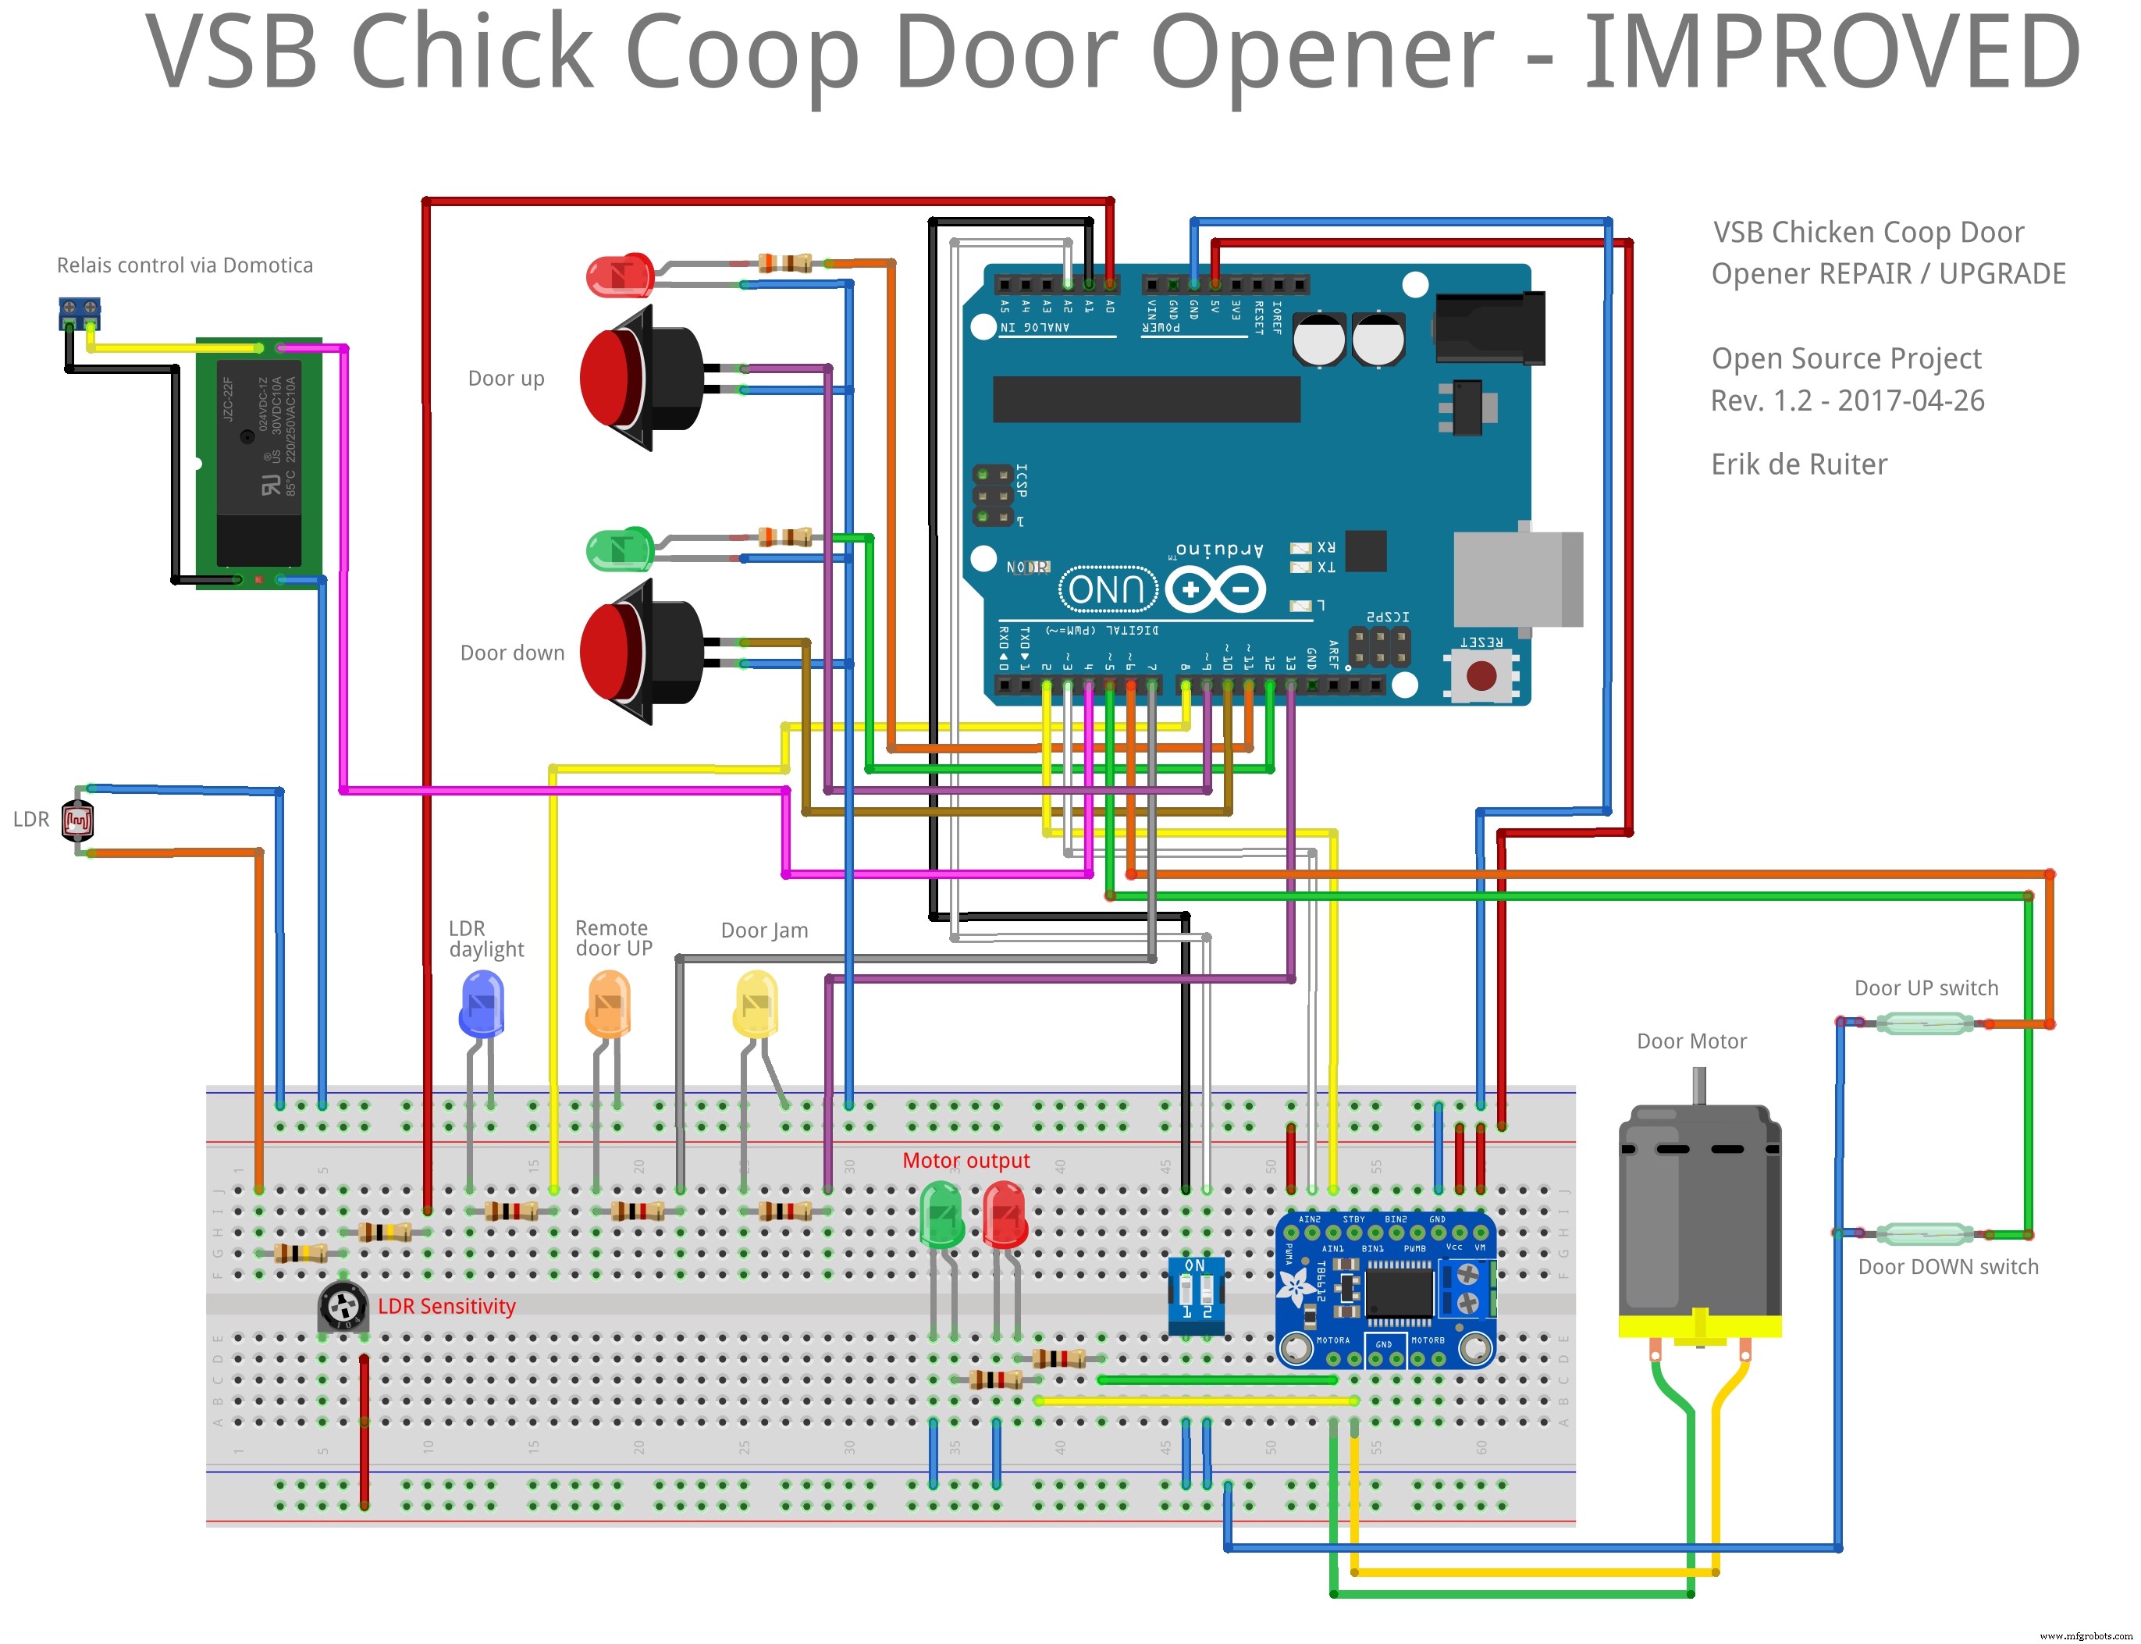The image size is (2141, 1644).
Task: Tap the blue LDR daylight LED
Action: pos(482,1004)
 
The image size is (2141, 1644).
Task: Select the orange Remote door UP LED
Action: pos(608,1004)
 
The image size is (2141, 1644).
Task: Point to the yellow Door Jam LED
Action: pos(756,1004)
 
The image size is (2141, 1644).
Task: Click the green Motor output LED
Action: pos(941,1213)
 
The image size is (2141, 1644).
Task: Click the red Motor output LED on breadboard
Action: pos(1004,1213)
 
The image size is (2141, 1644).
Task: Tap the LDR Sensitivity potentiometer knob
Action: pos(343,1304)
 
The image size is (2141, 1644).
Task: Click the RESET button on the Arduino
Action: pos(1481,675)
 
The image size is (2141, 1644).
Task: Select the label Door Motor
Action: pos(1691,1041)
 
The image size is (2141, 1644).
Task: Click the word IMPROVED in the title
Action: pos(1830,54)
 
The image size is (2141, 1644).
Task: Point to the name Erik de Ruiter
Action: pos(1798,464)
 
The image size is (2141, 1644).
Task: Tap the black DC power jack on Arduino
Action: pos(1488,328)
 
